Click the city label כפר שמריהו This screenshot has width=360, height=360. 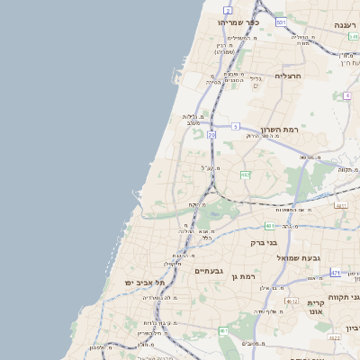coord(238,22)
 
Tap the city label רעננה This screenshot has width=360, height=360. coord(343,24)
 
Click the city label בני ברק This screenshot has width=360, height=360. coord(264,242)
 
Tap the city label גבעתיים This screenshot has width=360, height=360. coord(208,270)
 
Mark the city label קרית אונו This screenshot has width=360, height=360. coord(316,309)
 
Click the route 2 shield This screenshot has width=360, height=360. coord(229,9)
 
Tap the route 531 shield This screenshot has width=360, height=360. coord(281,21)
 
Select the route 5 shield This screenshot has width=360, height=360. coord(235,127)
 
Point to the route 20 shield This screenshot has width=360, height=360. coord(211,134)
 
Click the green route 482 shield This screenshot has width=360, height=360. coord(245,174)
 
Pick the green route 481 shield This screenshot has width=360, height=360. coord(269,225)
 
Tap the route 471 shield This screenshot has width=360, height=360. coord(336,272)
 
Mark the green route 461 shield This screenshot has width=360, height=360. coord(223,331)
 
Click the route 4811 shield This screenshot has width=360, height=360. coord(340,205)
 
